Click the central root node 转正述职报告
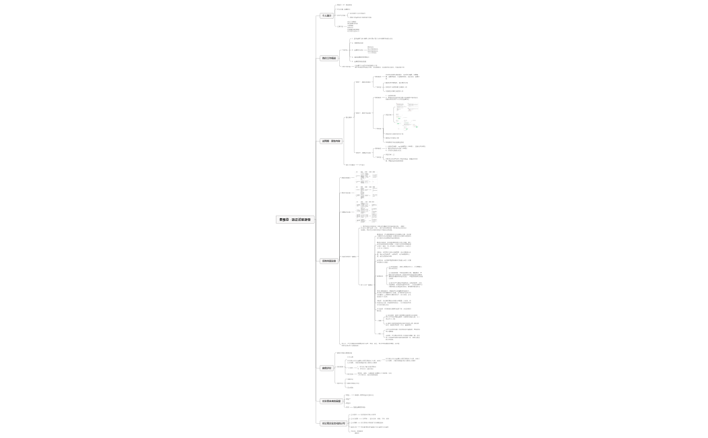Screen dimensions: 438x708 tap(295, 220)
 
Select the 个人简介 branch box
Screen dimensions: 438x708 tap(326, 15)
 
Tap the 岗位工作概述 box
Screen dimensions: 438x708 tap(328, 58)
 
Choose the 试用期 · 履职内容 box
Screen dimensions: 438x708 tap(331, 141)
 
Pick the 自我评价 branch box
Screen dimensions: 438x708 tap(326, 368)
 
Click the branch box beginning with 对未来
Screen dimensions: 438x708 tap(330, 402)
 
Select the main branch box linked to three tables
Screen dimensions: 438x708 tap(328, 261)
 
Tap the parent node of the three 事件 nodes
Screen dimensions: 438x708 tap(349, 117)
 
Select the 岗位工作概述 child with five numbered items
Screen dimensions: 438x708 tap(345, 50)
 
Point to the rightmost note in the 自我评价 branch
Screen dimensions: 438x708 tap(402, 360)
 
